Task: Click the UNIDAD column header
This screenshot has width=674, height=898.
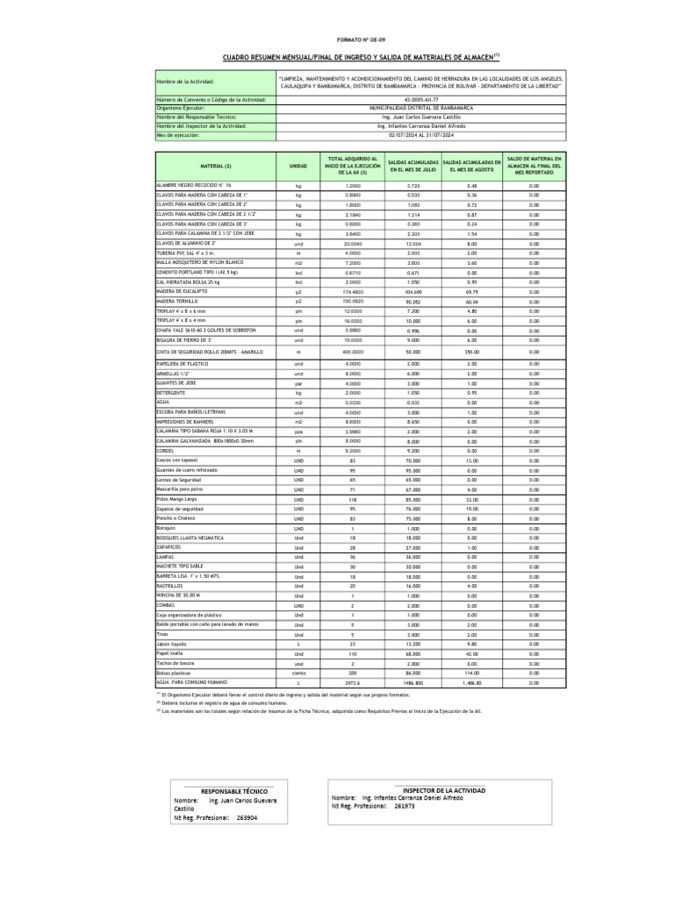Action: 298,166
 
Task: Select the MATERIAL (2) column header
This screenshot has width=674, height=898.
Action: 215,166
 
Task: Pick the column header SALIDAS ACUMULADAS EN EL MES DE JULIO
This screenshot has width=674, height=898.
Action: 412,166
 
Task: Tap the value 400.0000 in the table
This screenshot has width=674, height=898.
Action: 353,351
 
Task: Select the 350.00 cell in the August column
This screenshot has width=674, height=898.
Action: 471,351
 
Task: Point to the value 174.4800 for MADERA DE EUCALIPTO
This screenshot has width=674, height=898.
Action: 353,290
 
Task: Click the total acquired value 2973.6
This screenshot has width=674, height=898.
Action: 353,681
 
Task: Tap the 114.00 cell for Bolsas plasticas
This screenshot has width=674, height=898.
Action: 471,672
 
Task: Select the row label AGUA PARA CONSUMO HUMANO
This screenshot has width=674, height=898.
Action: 192,681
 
